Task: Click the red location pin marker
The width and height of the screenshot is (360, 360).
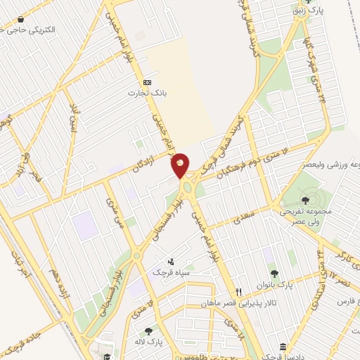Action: click(180, 164)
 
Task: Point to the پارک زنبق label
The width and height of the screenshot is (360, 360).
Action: click(308, 11)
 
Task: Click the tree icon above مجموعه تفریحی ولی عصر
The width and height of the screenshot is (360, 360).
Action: click(304, 200)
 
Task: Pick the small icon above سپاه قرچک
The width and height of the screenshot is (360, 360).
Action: click(171, 262)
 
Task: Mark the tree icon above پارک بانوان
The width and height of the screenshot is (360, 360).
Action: click(274, 274)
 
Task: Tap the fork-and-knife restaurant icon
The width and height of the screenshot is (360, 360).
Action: click(239, 292)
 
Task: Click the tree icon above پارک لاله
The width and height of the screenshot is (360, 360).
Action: click(148, 330)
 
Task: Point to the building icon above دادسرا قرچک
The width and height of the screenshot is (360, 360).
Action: click(282, 347)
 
